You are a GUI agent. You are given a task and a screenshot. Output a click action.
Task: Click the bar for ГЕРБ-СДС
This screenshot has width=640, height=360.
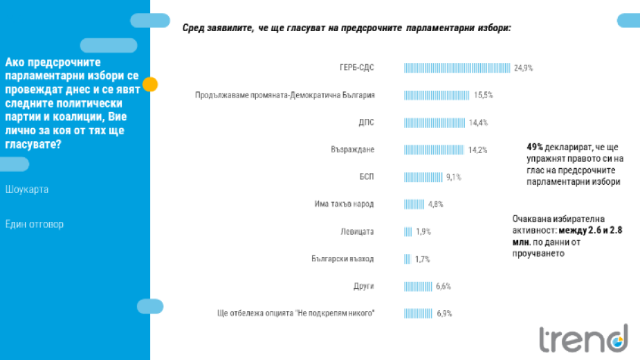point(457,68)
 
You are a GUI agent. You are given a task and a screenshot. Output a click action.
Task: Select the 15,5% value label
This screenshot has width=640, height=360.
point(483,95)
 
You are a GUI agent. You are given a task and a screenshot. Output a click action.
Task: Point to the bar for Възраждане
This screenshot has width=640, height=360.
point(434,150)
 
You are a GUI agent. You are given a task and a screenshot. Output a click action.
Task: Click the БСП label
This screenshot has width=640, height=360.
point(366,177)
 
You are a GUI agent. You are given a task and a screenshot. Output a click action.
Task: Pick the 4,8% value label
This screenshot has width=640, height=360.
point(435,204)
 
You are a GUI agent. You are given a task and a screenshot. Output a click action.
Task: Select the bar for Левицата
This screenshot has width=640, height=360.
point(408,231)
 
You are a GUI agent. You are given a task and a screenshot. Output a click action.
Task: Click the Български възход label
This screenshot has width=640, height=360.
point(342,258)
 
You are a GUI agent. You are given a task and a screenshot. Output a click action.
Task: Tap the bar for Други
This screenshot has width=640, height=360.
point(418,286)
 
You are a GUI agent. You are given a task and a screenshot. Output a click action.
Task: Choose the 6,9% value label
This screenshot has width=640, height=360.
point(444,313)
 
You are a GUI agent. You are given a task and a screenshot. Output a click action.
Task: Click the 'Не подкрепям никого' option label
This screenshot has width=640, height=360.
point(296,313)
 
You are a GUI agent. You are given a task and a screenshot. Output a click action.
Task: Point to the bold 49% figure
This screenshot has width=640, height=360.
point(534,147)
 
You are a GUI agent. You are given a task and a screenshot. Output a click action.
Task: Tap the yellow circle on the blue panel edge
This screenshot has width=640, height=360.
point(150,84)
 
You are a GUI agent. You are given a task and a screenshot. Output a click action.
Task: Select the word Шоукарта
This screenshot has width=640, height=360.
point(27,189)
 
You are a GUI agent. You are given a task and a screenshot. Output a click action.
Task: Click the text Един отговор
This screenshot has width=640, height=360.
point(34,224)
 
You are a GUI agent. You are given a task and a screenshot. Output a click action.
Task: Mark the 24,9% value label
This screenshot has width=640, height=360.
point(523,68)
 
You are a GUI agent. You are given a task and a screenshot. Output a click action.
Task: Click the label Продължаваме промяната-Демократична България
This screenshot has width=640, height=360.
point(284,95)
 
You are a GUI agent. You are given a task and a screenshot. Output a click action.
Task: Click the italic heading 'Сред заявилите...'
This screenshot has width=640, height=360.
point(347,28)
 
